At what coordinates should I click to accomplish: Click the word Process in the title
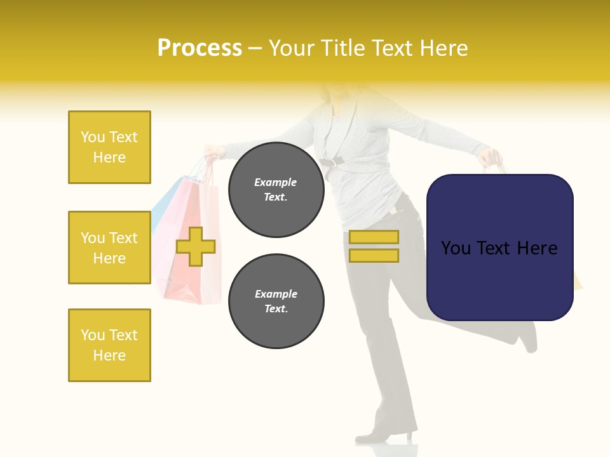tap(200, 48)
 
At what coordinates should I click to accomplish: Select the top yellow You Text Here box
tap(109, 147)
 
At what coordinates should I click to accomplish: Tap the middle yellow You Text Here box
tap(109, 248)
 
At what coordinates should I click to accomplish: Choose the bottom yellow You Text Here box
tap(109, 345)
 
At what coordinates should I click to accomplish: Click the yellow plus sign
tap(196, 246)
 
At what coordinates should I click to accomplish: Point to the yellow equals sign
tap(374, 246)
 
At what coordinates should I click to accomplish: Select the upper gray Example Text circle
tap(276, 190)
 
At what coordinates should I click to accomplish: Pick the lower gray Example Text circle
tap(276, 301)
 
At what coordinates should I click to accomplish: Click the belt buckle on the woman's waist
tap(329, 162)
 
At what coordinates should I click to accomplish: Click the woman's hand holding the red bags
tap(213, 152)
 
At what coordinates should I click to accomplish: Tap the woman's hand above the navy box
tap(491, 156)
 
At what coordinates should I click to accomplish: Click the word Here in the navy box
tap(537, 248)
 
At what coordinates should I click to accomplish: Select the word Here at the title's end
tap(444, 48)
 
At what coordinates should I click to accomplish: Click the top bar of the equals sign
tap(374, 237)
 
